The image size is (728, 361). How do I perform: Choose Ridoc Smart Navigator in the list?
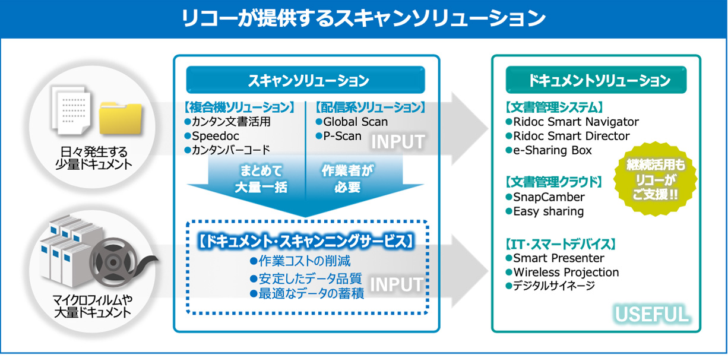click(x=575, y=122)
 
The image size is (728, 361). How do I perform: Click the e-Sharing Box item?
click(x=552, y=150)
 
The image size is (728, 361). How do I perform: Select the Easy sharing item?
click(x=548, y=211)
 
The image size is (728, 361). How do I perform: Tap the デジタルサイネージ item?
click(x=553, y=286)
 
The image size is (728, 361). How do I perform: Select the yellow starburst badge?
click(x=655, y=179)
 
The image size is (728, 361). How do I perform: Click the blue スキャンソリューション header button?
click(x=306, y=80)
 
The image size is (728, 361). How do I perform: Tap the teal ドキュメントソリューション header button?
click(x=596, y=80)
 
